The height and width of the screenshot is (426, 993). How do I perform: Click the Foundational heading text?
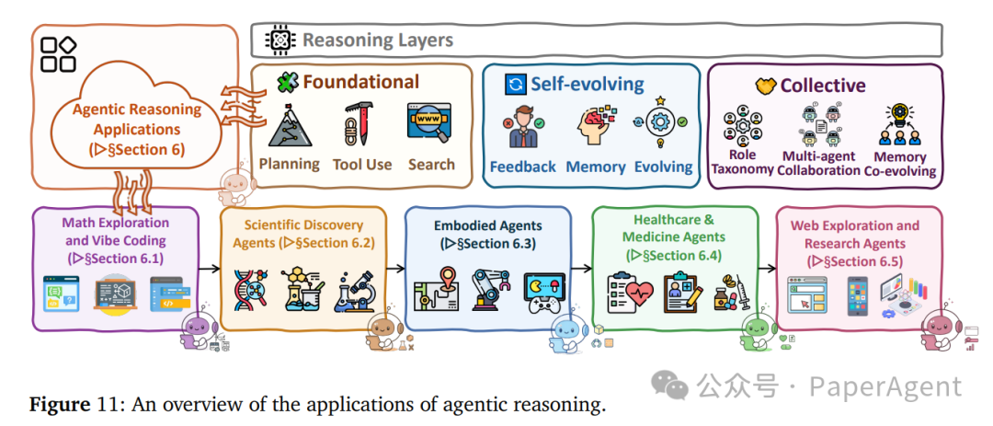[x=360, y=82]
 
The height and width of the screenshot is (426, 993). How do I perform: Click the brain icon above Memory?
[x=595, y=127]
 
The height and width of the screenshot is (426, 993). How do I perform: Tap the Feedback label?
[x=522, y=167]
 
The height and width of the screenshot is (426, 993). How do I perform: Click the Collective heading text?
[x=822, y=86]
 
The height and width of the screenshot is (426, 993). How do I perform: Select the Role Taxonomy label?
[x=742, y=163]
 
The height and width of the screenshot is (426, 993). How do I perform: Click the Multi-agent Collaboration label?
[x=818, y=163]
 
